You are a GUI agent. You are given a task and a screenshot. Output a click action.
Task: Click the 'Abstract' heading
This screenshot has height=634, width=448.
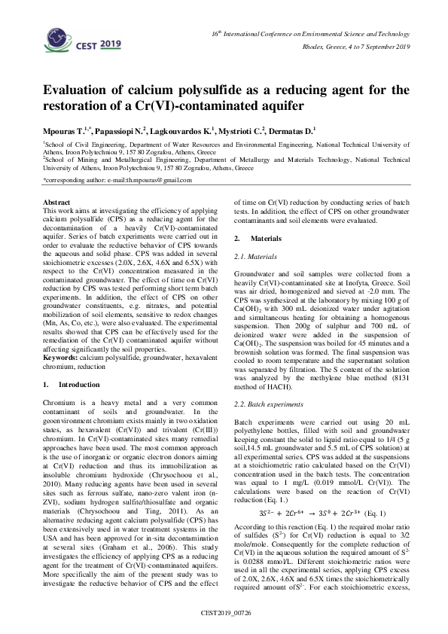coord(57,203)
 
